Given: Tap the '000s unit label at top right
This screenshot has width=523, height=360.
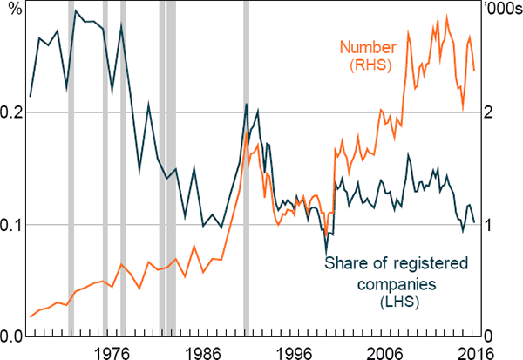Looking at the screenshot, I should tap(502, 10).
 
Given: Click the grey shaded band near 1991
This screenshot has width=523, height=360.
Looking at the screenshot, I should tap(246, 174).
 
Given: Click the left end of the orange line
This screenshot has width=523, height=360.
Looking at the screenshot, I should tap(30, 316).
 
